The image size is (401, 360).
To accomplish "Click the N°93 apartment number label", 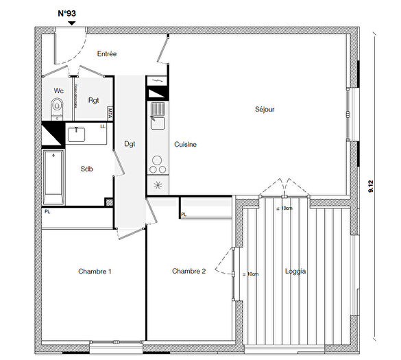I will (66, 13).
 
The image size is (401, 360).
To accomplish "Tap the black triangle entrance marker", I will (71, 23).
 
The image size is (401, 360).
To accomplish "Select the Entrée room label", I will (108, 53).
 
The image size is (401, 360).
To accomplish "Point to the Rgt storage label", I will (93, 100).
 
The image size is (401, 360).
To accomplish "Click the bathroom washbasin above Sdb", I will (77, 134).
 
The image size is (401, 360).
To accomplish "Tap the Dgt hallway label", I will (130, 144).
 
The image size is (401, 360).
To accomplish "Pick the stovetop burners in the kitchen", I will (157, 165).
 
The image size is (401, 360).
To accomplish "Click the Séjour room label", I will (264, 109).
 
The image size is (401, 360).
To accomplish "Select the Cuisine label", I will (186, 145).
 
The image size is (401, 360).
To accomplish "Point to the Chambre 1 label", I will (95, 272).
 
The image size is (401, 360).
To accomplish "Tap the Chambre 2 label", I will (189, 272).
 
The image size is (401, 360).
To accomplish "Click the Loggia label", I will (295, 272).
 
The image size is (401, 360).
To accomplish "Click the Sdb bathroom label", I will (86, 169).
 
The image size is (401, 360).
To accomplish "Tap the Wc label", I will (58, 91).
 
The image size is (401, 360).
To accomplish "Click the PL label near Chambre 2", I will (184, 215).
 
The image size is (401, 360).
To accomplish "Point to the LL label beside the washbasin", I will (103, 126).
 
